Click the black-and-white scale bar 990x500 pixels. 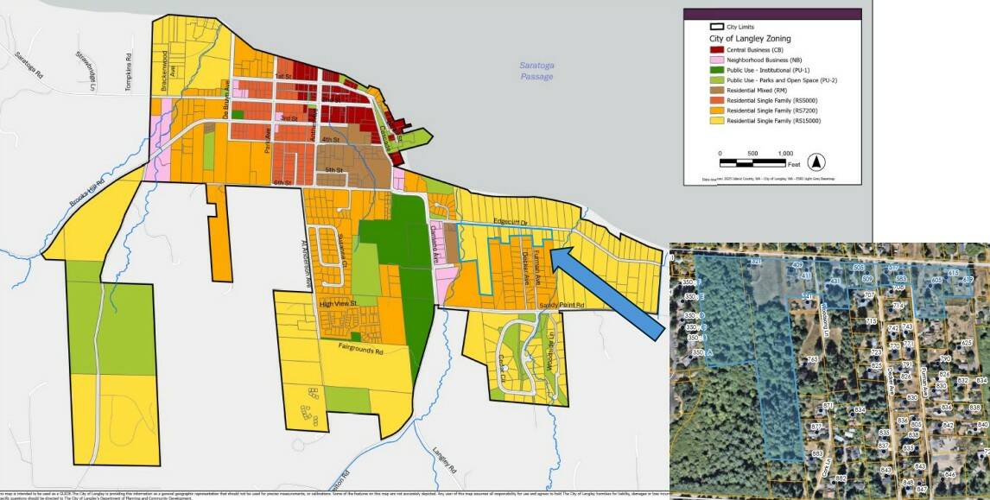point(752,161)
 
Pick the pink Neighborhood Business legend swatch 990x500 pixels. point(715,61)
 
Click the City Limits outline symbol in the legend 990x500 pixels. point(714,27)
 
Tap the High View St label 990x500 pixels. point(338,303)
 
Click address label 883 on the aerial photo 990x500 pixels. point(817,453)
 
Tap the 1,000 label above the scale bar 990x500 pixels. point(785,153)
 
